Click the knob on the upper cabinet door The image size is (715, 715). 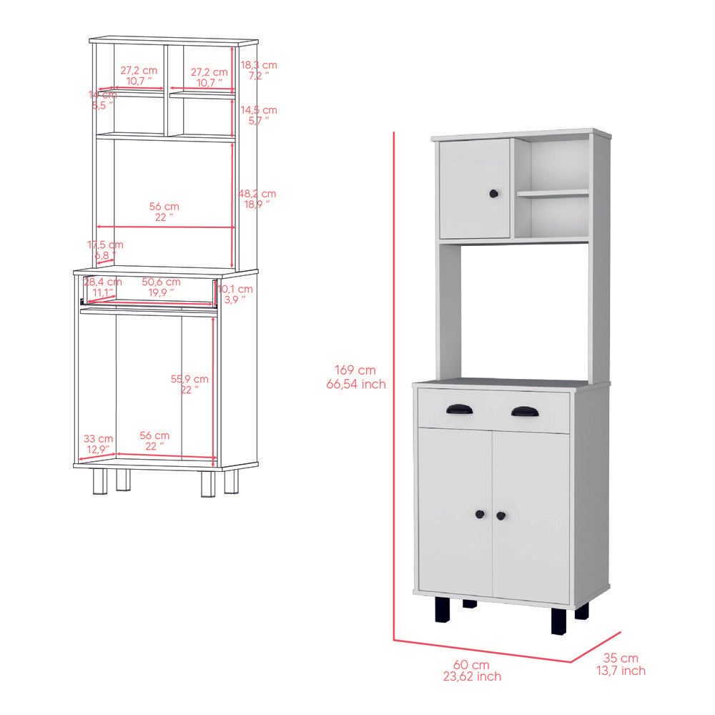[x=493, y=193]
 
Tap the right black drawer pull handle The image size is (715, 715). [x=525, y=411]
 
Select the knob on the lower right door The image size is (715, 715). [x=500, y=515]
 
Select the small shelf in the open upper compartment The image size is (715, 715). [x=553, y=193]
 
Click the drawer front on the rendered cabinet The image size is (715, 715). [x=493, y=410]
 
